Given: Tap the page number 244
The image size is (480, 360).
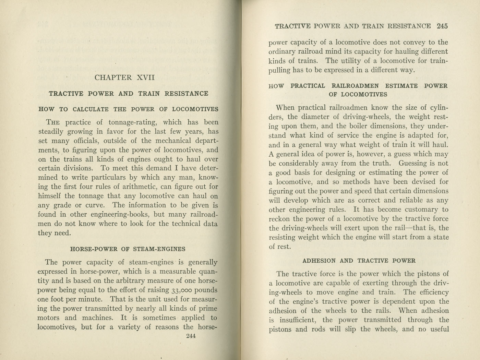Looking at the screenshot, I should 190,336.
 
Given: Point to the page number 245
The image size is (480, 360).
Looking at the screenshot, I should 442,26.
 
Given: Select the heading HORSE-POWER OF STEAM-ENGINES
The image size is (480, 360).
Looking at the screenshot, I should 128,249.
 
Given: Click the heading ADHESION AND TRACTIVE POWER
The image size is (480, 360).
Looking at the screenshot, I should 359,261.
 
